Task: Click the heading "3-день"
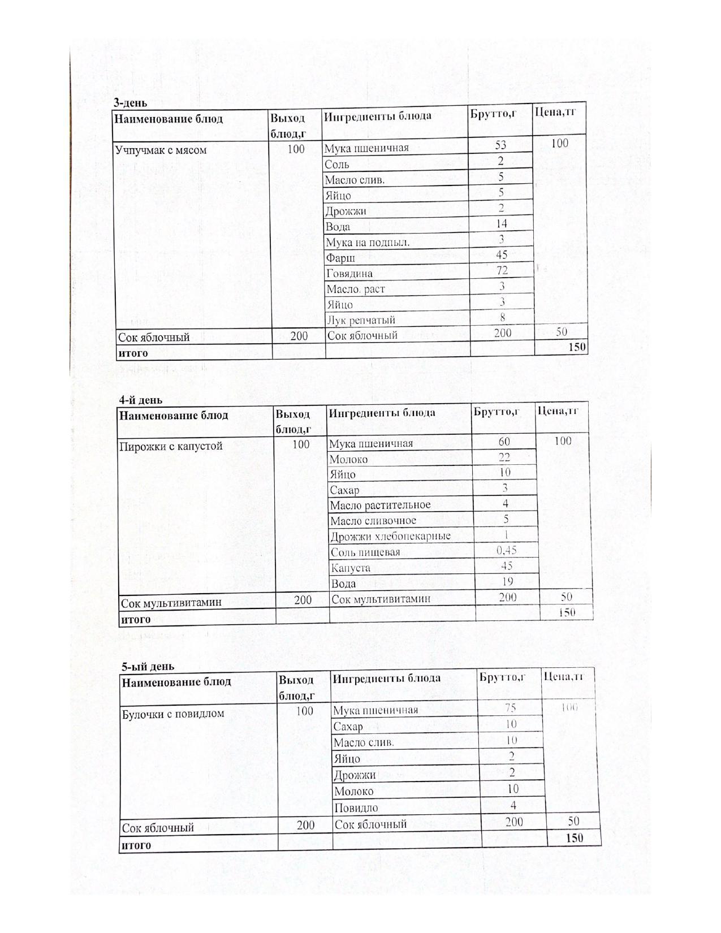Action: (131, 103)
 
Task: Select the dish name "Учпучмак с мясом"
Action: (161, 150)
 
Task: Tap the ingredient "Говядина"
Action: (349, 274)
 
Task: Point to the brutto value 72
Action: (502, 270)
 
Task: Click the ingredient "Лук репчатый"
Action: (361, 321)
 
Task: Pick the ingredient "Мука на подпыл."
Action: (368, 243)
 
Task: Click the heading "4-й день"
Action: (141, 400)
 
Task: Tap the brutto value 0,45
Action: (506, 550)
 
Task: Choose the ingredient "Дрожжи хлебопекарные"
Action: (390, 536)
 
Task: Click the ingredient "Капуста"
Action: (350, 568)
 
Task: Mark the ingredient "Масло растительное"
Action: (380, 505)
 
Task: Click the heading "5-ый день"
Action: (148, 666)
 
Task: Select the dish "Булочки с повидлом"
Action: (173, 714)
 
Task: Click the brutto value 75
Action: (510, 708)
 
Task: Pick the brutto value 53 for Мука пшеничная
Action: (500, 145)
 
